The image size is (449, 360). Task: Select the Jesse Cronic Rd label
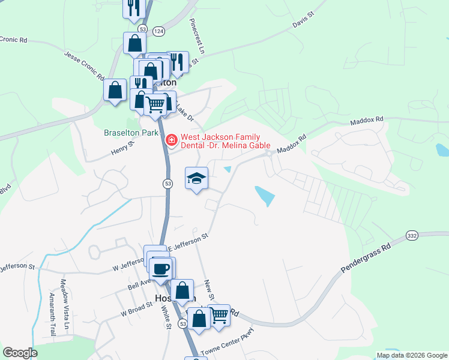point(85,67)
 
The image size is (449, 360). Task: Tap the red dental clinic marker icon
point(171,140)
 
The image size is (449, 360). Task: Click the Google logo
point(20,353)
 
